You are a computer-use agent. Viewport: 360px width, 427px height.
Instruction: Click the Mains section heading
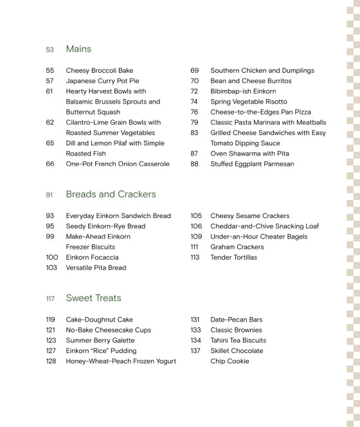point(78,49)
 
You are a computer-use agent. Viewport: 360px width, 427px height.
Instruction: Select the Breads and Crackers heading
point(111,194)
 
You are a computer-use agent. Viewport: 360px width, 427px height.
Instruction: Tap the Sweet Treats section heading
point(93,298)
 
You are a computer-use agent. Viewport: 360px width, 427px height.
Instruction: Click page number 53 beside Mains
point(50,50)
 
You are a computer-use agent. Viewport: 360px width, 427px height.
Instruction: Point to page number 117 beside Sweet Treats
point(50,299)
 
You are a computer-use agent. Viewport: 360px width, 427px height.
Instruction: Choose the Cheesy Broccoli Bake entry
point(100,71)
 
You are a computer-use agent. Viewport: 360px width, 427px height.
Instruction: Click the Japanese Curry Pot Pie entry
point(103,81)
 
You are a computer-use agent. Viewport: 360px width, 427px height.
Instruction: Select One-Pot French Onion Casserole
point(118,164)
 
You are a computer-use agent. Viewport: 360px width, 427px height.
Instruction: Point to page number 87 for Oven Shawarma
point(194,154)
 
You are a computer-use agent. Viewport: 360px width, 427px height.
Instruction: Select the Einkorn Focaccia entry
point(92,257)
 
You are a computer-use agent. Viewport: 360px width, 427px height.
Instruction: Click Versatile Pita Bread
point(96,268)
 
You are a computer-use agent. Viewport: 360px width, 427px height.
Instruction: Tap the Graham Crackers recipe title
point(237,247)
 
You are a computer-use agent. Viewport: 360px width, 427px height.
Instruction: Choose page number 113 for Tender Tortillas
point(195,257)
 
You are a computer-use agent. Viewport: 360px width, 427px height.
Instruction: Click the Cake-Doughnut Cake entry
point(99,320)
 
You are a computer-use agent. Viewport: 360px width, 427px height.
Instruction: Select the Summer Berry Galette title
point(100,340)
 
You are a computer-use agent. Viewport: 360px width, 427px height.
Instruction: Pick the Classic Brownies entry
point(236,330)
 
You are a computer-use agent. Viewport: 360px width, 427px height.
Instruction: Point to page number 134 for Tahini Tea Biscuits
point(196,340)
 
